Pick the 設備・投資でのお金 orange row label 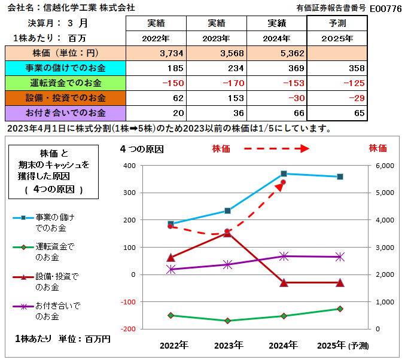65,97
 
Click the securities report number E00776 385,8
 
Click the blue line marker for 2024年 284,173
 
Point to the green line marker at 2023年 227,321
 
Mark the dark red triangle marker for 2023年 227,233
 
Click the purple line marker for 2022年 171,269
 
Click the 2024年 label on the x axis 284,345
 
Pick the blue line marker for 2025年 340,176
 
